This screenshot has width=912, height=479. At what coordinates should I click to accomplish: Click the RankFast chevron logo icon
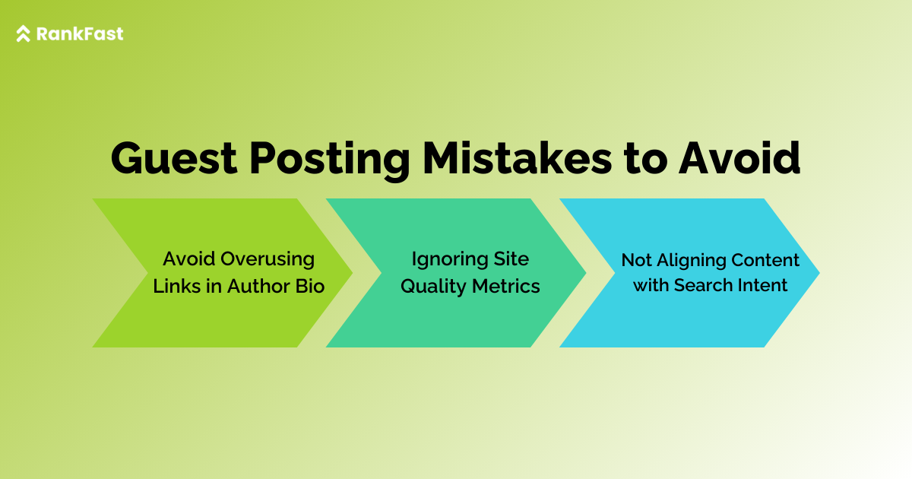pyautogui.click(x=24, y=33)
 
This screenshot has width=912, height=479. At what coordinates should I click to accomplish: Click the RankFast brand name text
pyautogui.click(x=80, y=33)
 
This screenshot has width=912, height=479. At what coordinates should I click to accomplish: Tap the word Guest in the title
pyautogui.click(x=174, y=158)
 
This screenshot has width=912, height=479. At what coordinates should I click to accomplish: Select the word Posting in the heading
pyautogui.click(x=329, y=160)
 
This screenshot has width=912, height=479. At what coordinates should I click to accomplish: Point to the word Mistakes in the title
pyautogui.click(x=517, y=158)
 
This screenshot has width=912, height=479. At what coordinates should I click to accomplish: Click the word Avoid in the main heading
pyautogui.click(x=739, y=158)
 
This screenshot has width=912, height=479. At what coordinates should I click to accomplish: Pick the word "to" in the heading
pyautogui.click(x=645, y=160)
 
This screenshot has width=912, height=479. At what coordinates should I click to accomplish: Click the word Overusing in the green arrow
pyautogui.click(x=268, y=259)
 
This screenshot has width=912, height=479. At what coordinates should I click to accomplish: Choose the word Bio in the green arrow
pyautogui.click(x=310, y=286)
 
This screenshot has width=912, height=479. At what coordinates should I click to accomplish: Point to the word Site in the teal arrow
pyautogui.click(x=511, y=259)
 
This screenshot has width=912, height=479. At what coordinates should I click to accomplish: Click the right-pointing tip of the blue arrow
pyautogui.click(x=819, y=273)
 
